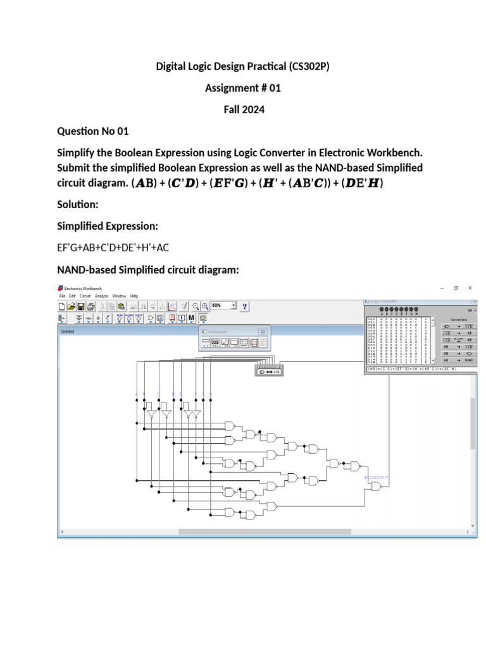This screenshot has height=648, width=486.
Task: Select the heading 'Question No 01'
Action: click(x=93, y=131)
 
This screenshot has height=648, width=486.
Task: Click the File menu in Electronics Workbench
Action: click(x=62, y=296)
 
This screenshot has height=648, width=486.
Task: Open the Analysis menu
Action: click(x=101, y=296)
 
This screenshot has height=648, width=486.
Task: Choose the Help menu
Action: click(x=134, y=296)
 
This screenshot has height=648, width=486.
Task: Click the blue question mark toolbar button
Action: click(x=245, y=306)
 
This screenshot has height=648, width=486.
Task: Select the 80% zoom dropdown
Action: click(x=223, y=305)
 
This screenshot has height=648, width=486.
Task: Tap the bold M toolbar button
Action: click(x=191, y=318)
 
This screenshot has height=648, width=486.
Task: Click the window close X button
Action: click(x=470, y=288)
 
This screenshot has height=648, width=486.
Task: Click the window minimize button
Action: click(x=441, y=288)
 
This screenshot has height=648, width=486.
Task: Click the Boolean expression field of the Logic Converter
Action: click(x=418, y=369)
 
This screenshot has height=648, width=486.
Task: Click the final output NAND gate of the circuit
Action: click(x=377, y=487)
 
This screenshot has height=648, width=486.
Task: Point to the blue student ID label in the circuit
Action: click(x=377, y=478)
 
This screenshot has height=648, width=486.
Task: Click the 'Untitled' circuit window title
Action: click(x=67, y=332)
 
